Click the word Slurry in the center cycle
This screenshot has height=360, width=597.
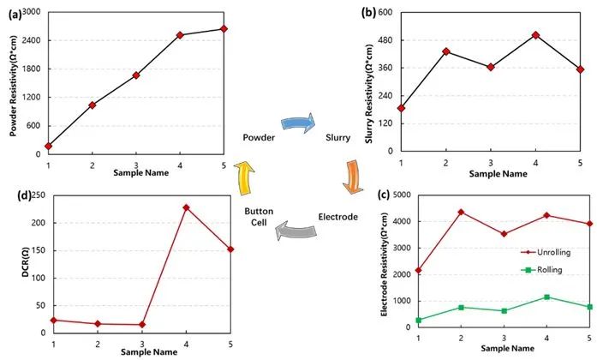pos(339,137)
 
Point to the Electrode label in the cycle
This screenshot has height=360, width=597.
pos(337,216)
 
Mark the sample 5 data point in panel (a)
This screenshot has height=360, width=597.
pos(224,28)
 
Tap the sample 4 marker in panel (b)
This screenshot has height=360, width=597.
pos(535,35)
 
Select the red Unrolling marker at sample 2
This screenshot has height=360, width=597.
pos(461,212)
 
